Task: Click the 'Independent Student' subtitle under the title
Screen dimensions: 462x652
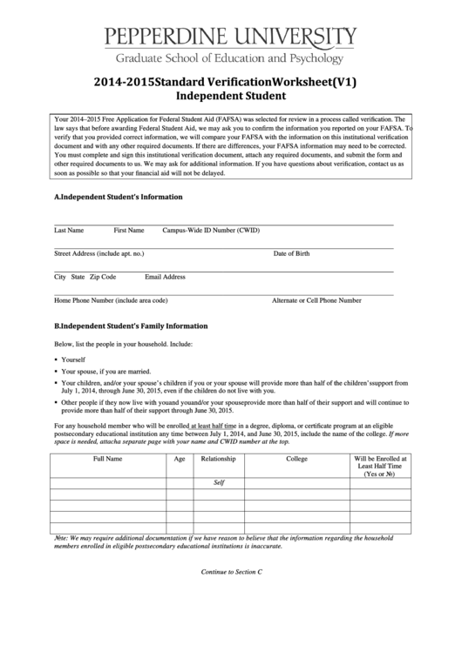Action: (x=231, y=96)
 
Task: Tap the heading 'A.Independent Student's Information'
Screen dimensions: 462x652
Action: (x=119, y=197)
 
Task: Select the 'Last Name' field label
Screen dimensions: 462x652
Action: (x=69, y=232)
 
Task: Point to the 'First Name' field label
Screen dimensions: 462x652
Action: (x=129, y=232)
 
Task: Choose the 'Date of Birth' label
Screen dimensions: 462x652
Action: (x=291, y=254)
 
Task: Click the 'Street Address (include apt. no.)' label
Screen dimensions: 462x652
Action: (x=99, y=254)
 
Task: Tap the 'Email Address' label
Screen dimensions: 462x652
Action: (x=165, y=277)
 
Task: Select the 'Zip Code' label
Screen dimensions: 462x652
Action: (x=103, y=277)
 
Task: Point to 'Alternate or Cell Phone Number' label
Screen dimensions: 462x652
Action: (x=316, y=300)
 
